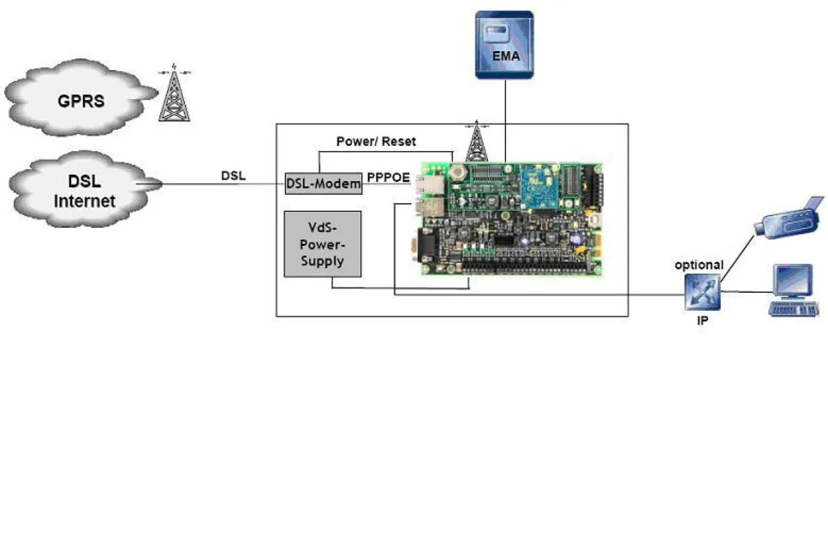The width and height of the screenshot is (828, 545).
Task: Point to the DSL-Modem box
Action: [x=323, y=184]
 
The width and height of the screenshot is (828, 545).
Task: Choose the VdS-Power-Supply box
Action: [x=323, y=244]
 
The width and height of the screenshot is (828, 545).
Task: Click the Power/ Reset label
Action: [x=376, y=142]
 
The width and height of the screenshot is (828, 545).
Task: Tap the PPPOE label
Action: [x=388, y=178]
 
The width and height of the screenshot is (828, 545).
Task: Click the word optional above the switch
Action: [x=699, y=265]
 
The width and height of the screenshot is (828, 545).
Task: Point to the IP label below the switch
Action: [x=702, y=321]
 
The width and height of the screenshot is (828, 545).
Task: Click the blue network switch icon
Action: [x=702, y=292]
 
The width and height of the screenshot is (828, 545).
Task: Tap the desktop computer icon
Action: [x=794, y=290]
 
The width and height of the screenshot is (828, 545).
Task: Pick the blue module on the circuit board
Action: [x=540, y=187]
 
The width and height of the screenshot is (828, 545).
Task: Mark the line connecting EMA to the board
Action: [x=505, y=117]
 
